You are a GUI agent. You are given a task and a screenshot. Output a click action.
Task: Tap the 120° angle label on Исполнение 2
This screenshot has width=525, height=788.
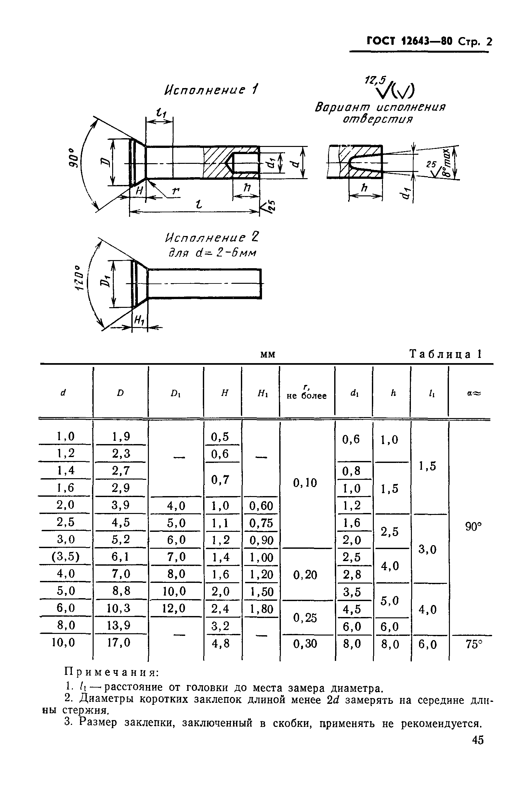click(79, 278)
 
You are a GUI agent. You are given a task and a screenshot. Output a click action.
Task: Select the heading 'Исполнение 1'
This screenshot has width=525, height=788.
click(211, 90)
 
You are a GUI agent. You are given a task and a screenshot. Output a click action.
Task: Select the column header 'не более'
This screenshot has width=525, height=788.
click(306, 396)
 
